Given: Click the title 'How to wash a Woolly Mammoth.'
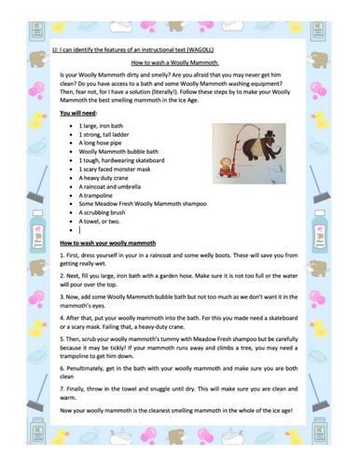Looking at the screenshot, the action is coord(179,59).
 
